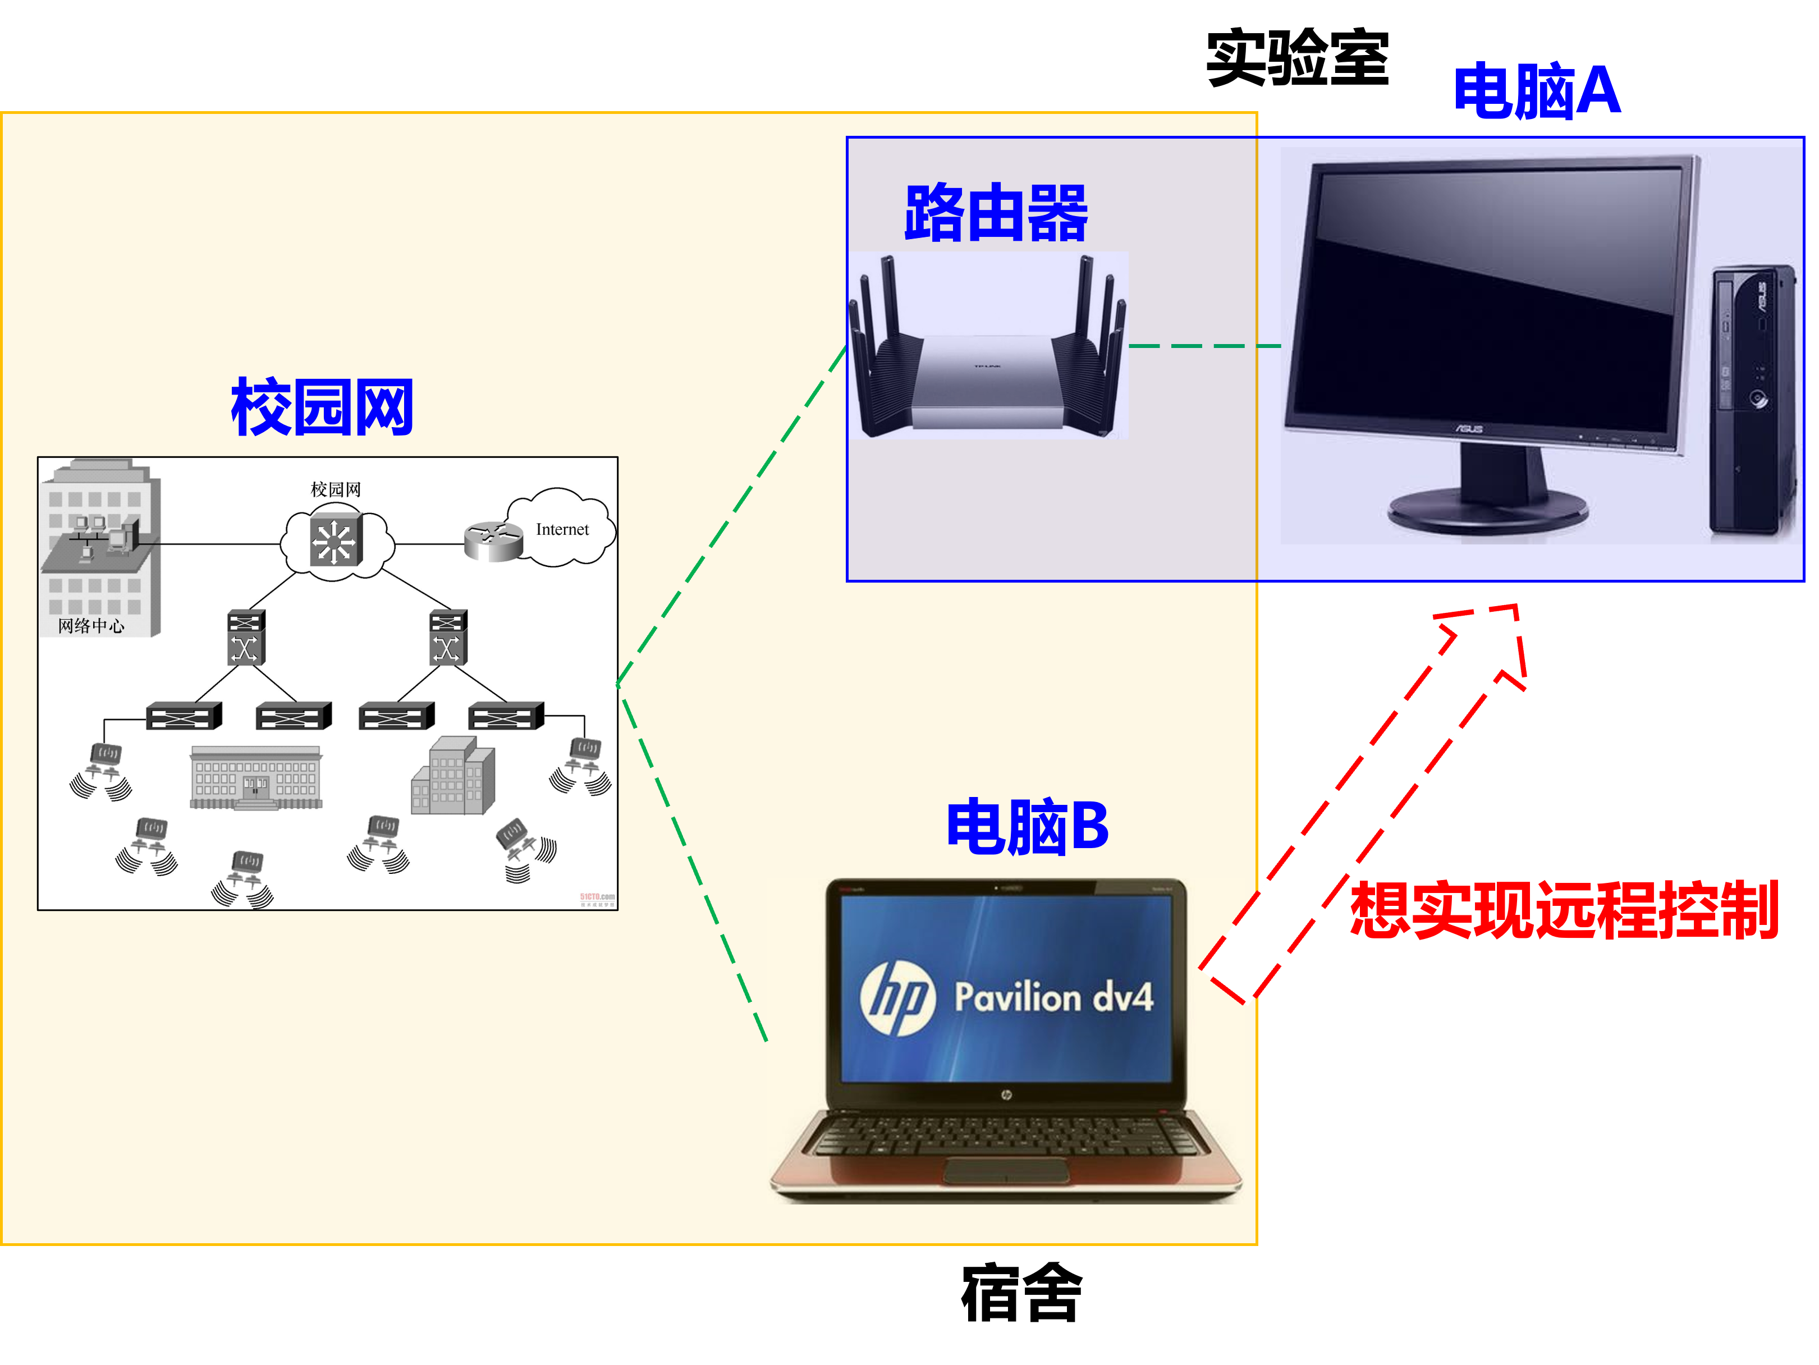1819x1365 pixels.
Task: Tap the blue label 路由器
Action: (996, 213)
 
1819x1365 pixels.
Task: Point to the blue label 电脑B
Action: (1027, 826)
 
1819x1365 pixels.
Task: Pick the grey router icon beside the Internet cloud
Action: (493, 541)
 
